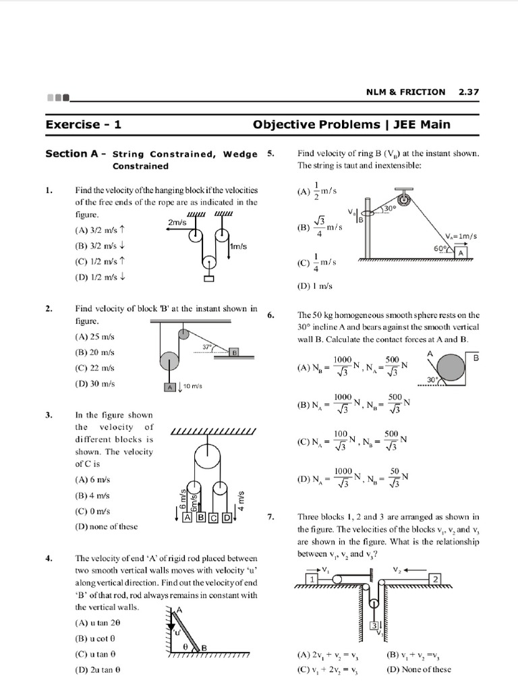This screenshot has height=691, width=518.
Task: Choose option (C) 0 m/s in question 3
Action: click(92, 512)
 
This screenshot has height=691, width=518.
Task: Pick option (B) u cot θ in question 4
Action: click(96, 638)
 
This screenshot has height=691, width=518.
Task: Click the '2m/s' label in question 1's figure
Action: click(177, 222)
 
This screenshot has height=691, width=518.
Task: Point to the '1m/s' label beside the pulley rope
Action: click(238, 247)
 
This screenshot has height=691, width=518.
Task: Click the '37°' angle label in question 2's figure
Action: click(208, 348)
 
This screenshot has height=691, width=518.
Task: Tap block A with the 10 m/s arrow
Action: click(171, 387)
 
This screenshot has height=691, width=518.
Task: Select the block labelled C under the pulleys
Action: click(214, 518)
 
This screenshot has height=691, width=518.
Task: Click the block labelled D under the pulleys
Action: click(227, 518)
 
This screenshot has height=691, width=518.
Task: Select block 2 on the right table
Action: click(436, 580)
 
